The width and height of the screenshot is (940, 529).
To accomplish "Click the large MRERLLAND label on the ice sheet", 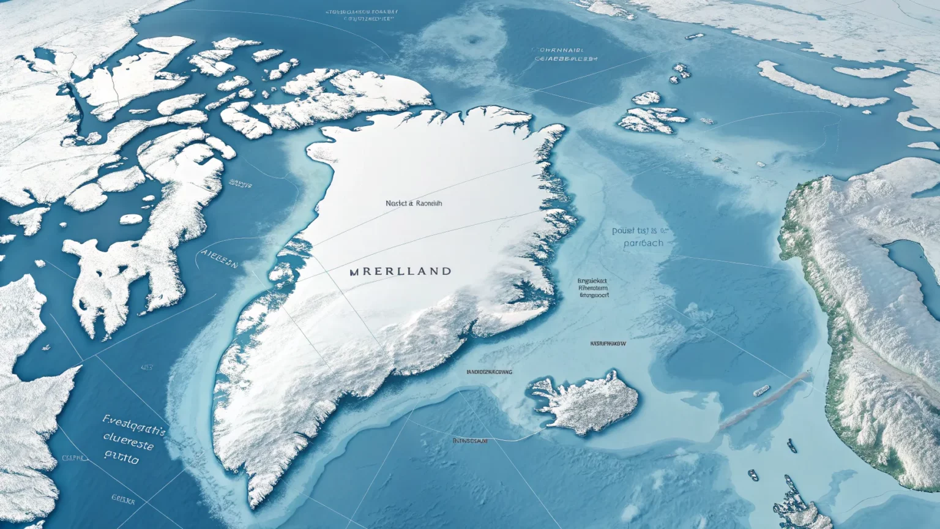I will (x=400, y=271).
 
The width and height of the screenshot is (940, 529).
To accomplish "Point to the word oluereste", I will (x=129, y=440).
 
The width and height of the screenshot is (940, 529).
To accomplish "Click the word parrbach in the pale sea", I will (x=643, y=243).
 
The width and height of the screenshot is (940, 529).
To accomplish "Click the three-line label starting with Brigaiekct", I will (x=593, y=288).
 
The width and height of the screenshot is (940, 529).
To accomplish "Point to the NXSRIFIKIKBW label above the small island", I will (x=608, y=344).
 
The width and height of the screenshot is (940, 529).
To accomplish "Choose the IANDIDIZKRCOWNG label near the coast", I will (x=489, y=372).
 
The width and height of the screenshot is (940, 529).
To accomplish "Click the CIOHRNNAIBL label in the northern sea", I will (x=559, y=50).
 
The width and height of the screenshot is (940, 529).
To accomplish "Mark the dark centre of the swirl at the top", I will (x=472, y=40).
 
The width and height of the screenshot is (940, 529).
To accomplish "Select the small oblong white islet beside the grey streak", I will (x=761, y=390).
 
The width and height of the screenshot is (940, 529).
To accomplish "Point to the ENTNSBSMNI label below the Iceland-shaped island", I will (x=470, y=441).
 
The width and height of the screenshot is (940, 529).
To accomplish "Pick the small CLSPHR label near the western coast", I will (x=75, y=458).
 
